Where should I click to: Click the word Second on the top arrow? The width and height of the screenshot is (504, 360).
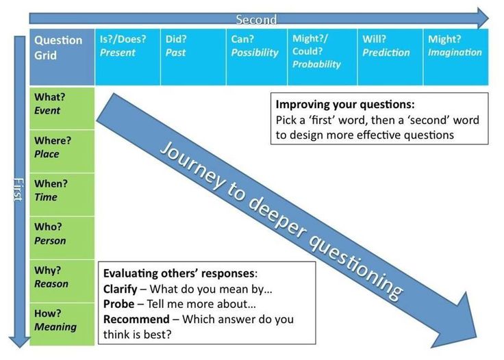(x=257, y=20)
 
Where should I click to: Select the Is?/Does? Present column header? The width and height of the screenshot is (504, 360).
(x=127, y=57)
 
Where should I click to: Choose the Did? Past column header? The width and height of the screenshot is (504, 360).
(x=193, y=57)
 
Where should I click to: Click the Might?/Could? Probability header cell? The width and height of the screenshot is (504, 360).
(x=322, y=57)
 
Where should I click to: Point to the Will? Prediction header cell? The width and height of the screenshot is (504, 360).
(x=389, y=57)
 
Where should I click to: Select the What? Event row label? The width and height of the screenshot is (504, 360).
(x=62, y=107)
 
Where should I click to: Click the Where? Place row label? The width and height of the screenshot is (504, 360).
(x=62, y=151)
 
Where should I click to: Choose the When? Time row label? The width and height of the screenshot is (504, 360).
(x=62, y=194)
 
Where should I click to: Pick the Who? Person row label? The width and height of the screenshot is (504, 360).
(x=62, y=237)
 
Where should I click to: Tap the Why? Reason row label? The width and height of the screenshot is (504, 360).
(x=62, y=281)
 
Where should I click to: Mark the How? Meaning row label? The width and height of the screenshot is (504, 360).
(x=62, y=323)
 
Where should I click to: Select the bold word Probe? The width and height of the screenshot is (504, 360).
(x=118, y=304)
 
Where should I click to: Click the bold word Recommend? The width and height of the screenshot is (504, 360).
(x=136, y=319)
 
